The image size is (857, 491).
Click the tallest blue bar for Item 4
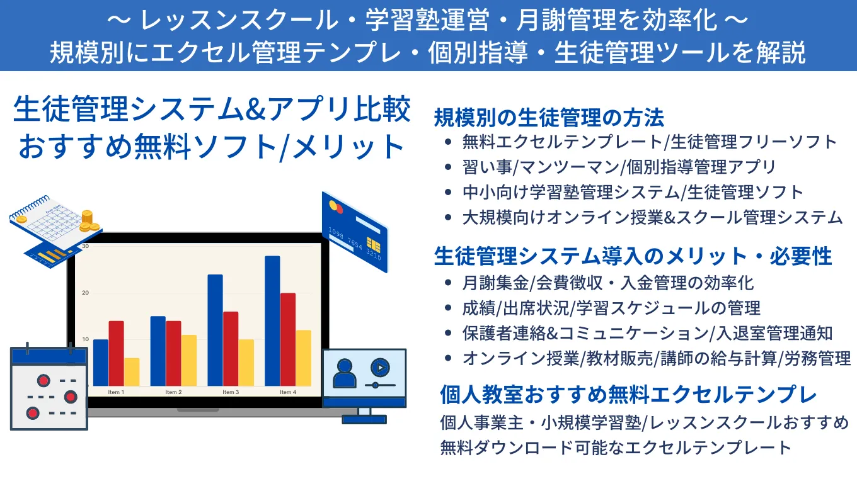point(272,320)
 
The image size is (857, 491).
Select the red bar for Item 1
point(116,353)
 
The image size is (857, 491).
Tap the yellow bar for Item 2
point(189,360)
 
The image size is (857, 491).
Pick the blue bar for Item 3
point(215,330)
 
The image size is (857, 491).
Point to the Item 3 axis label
point(230,392)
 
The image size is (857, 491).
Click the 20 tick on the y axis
point(85,293)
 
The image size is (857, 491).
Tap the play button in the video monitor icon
point(379,367)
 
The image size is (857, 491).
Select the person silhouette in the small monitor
point(344,373)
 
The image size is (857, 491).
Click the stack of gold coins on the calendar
point(87,220)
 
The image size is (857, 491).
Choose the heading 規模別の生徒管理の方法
point(549,117)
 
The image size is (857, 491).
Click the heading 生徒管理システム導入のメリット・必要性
point(633,256)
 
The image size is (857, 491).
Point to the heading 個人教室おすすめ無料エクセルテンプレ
point(628,395)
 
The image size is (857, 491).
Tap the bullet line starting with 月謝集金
point(607,283)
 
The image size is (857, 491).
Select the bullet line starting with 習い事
point(619,167)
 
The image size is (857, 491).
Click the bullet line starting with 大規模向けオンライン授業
point(652,217)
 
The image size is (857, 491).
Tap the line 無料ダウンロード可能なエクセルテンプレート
point(616,448)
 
